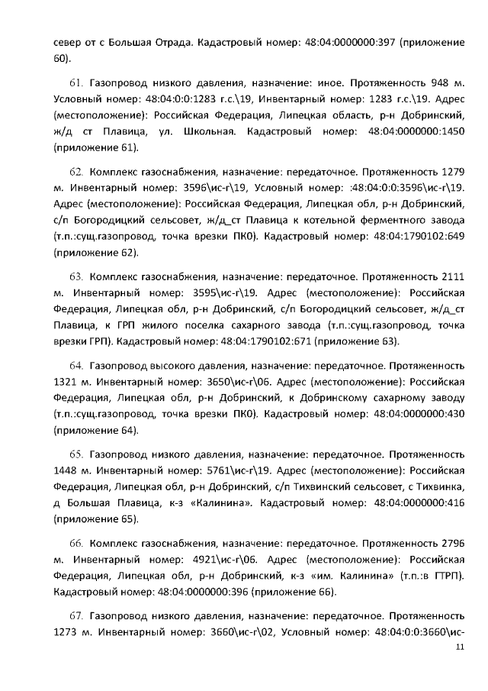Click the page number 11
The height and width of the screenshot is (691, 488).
(x=459, y=647)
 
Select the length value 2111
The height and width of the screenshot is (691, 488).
(x=453, y=274)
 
